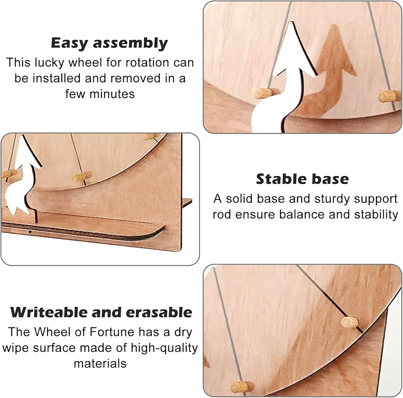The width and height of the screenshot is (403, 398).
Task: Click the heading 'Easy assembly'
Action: [109, 43]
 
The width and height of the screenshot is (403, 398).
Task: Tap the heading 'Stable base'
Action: [302, 179]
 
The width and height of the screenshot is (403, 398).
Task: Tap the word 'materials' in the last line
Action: [100, 364]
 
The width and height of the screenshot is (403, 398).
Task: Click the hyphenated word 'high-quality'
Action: [164, 348]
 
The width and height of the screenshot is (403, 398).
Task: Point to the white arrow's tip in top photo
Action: [291, 22]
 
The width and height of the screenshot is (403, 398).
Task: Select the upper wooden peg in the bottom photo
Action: [349, 322]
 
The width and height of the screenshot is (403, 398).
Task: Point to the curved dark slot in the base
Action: [85, 232]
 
